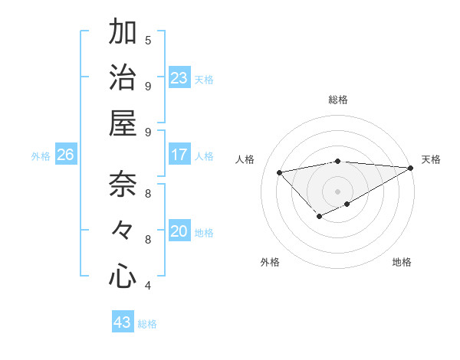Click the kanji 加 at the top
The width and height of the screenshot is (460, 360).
pos(123,33)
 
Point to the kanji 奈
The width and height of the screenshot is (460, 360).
pos(123,186)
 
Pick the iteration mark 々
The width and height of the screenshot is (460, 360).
pos(123,231)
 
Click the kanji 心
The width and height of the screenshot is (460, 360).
pos(123,277)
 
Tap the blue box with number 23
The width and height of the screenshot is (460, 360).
pos(179,78)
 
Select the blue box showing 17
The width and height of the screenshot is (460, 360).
pos(179,155)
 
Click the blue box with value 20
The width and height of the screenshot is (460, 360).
pos(179,231)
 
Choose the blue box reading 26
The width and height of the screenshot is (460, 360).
pos(66,155)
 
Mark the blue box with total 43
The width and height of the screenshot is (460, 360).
pos(123,322)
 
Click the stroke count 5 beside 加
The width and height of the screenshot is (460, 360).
pos(148,40)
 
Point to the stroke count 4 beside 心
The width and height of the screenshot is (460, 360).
pos(148,286)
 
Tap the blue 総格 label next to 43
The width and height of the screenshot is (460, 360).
pos(148,323)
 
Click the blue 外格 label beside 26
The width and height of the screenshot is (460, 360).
pos(41,155)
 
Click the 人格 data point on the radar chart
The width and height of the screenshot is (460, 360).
pos(279,172)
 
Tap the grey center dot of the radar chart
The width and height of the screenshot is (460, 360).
pos(337,191)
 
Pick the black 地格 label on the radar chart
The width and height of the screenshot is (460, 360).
pos(402,262)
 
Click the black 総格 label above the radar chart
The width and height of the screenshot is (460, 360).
pos(337,100)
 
